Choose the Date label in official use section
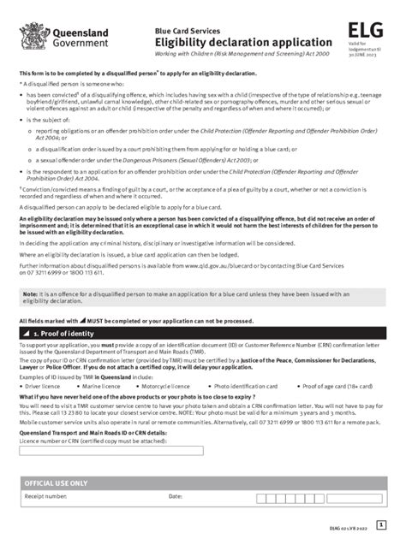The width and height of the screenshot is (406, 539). point(176,495)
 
